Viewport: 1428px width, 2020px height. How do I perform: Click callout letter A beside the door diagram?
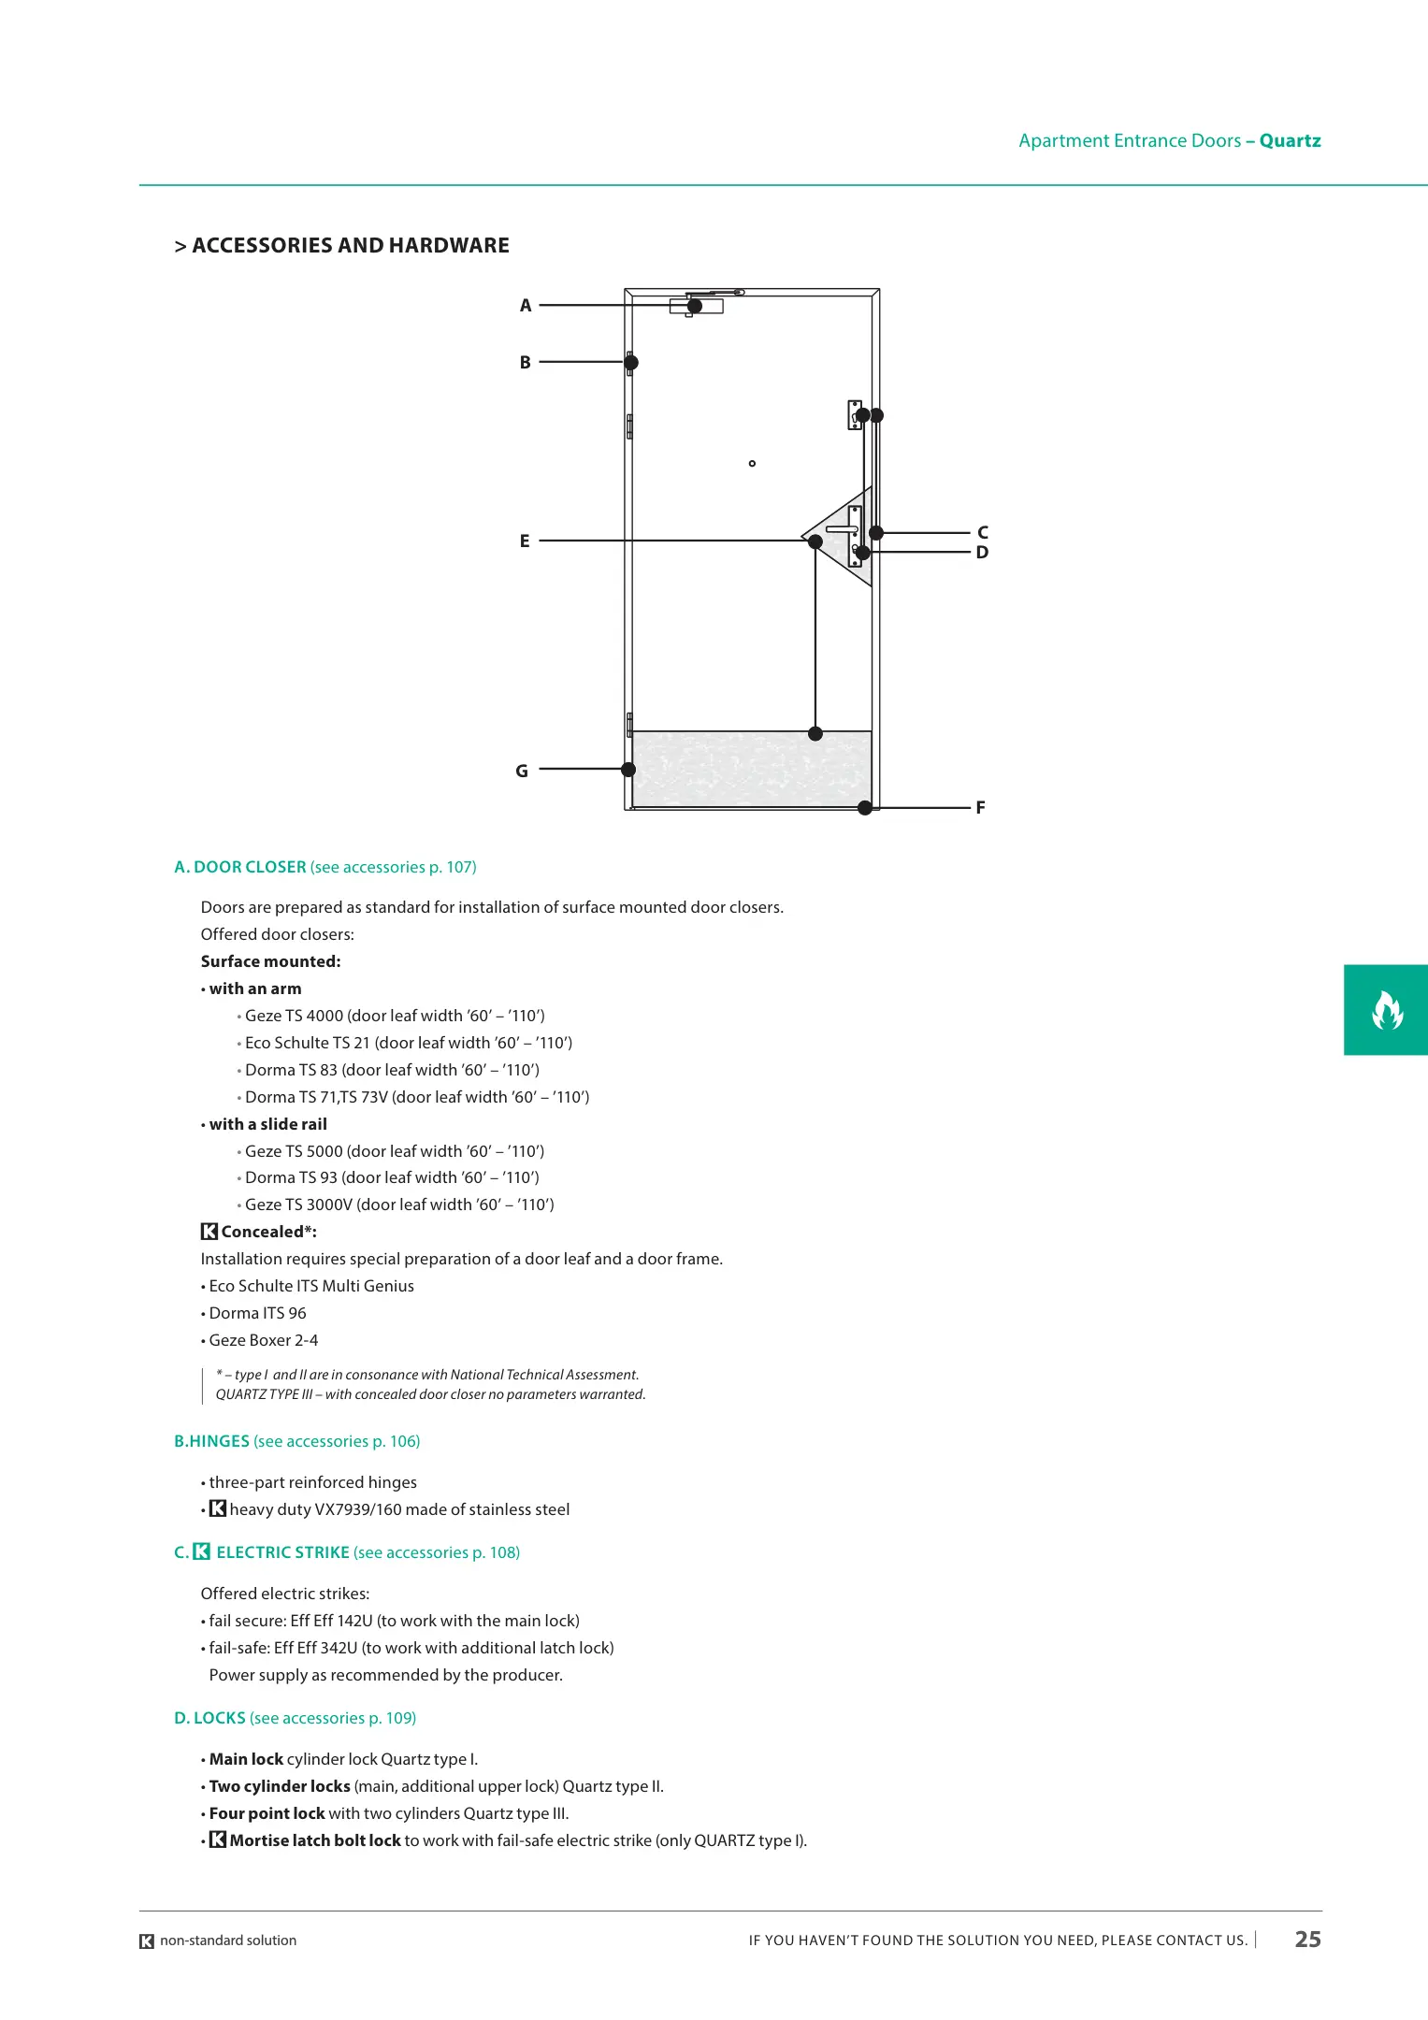click(526, 306)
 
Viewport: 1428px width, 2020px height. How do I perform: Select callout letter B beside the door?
click(526, 363)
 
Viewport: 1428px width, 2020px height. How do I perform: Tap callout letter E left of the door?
click(525, 541)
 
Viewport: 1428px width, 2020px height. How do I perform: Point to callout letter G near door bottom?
click(522, 772)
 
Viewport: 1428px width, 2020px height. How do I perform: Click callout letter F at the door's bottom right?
click(980, 808)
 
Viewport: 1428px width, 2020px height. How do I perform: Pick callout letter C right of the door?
click(982, 532)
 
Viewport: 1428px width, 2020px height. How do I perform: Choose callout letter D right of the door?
click(982, 553)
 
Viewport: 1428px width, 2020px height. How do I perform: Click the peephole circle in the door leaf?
click(752, 464)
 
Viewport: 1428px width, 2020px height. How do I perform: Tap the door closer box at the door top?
click(697, 306)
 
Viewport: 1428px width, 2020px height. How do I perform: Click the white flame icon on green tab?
click(1387, 1010)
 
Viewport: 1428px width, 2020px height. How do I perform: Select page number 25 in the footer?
click(1307, 1940)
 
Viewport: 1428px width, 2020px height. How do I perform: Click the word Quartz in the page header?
click(1290, 141)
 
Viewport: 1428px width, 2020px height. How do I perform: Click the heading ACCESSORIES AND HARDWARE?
click(351, 246)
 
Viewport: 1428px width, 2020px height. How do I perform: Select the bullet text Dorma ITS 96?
click(257, 1313)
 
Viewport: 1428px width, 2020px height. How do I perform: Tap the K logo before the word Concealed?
click(209, 1232)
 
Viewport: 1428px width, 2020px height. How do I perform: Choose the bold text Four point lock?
click(267, 1813)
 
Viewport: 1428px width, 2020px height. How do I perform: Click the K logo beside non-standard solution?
click(147, 1941)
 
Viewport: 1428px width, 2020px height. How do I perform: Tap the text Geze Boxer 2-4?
click(263, 1340)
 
